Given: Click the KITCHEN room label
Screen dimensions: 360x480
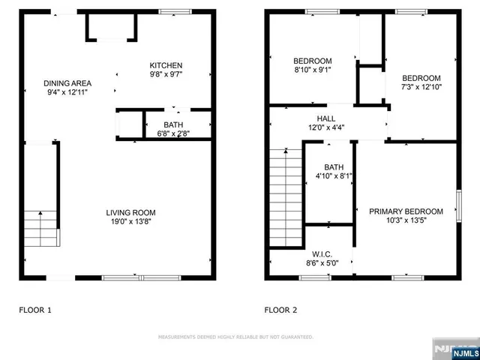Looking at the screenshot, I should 166,65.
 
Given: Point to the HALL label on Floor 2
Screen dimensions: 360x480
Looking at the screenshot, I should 325,118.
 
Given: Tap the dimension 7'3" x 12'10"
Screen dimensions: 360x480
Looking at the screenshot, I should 421,87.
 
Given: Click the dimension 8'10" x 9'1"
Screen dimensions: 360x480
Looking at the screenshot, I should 312,70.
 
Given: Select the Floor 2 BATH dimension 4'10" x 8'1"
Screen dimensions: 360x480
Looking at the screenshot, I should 334,176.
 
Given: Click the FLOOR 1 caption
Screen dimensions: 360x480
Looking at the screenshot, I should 35,309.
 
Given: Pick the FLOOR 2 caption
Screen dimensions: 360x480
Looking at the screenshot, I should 281,309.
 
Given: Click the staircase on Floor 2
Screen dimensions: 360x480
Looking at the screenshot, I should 286,196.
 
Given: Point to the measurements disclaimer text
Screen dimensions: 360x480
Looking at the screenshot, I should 235,337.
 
